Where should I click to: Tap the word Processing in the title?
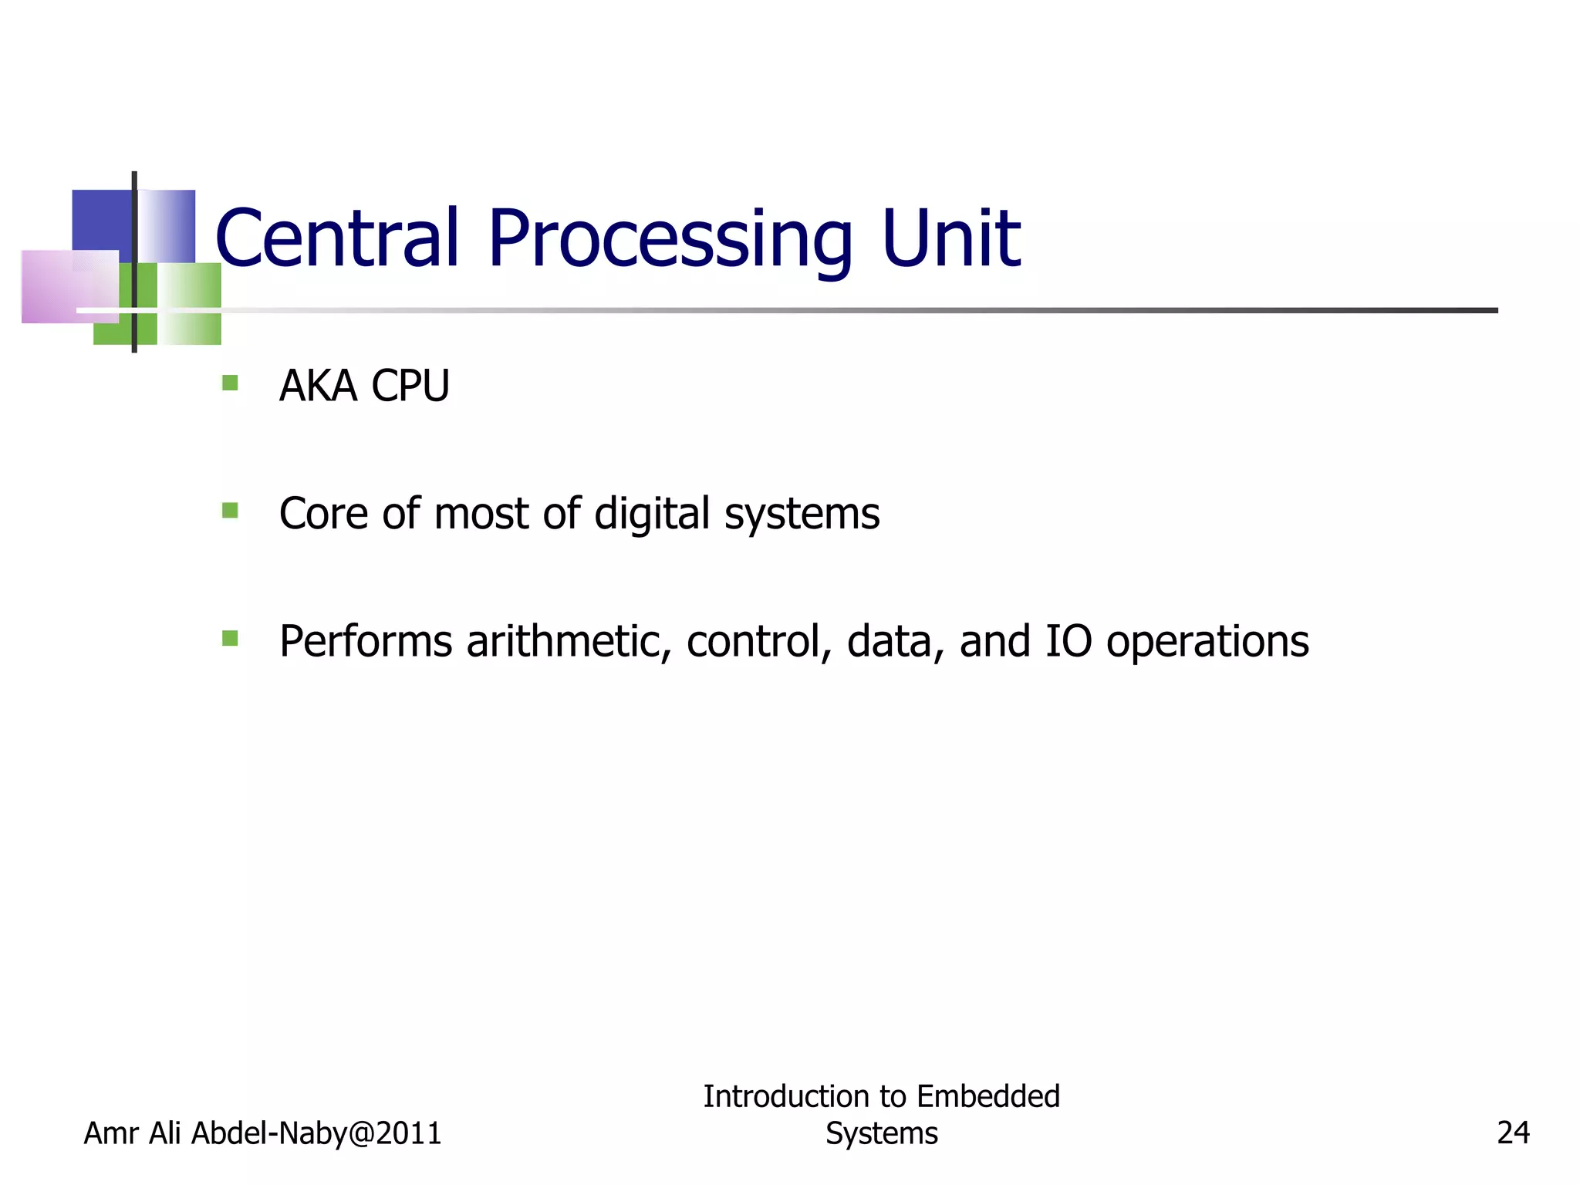[x=670, y=239]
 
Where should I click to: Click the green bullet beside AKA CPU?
[x=230, y=383]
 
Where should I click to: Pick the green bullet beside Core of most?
[x=230, y=510]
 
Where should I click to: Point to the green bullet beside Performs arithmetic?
[x=230, y=638]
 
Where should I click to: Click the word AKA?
[x=318, y=386]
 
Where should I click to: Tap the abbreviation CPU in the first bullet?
[x=410, y=386]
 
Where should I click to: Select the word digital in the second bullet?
[x=652, y=515]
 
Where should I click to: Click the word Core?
[x=323, y=514]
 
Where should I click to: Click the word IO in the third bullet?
[x=1069, y=641]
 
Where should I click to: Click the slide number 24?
[x=1513, y=1133]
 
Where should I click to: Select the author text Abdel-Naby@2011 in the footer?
[x=316, y=1133]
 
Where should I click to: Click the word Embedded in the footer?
[x=988, y=1096]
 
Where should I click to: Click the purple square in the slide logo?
[x=69, y=286]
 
